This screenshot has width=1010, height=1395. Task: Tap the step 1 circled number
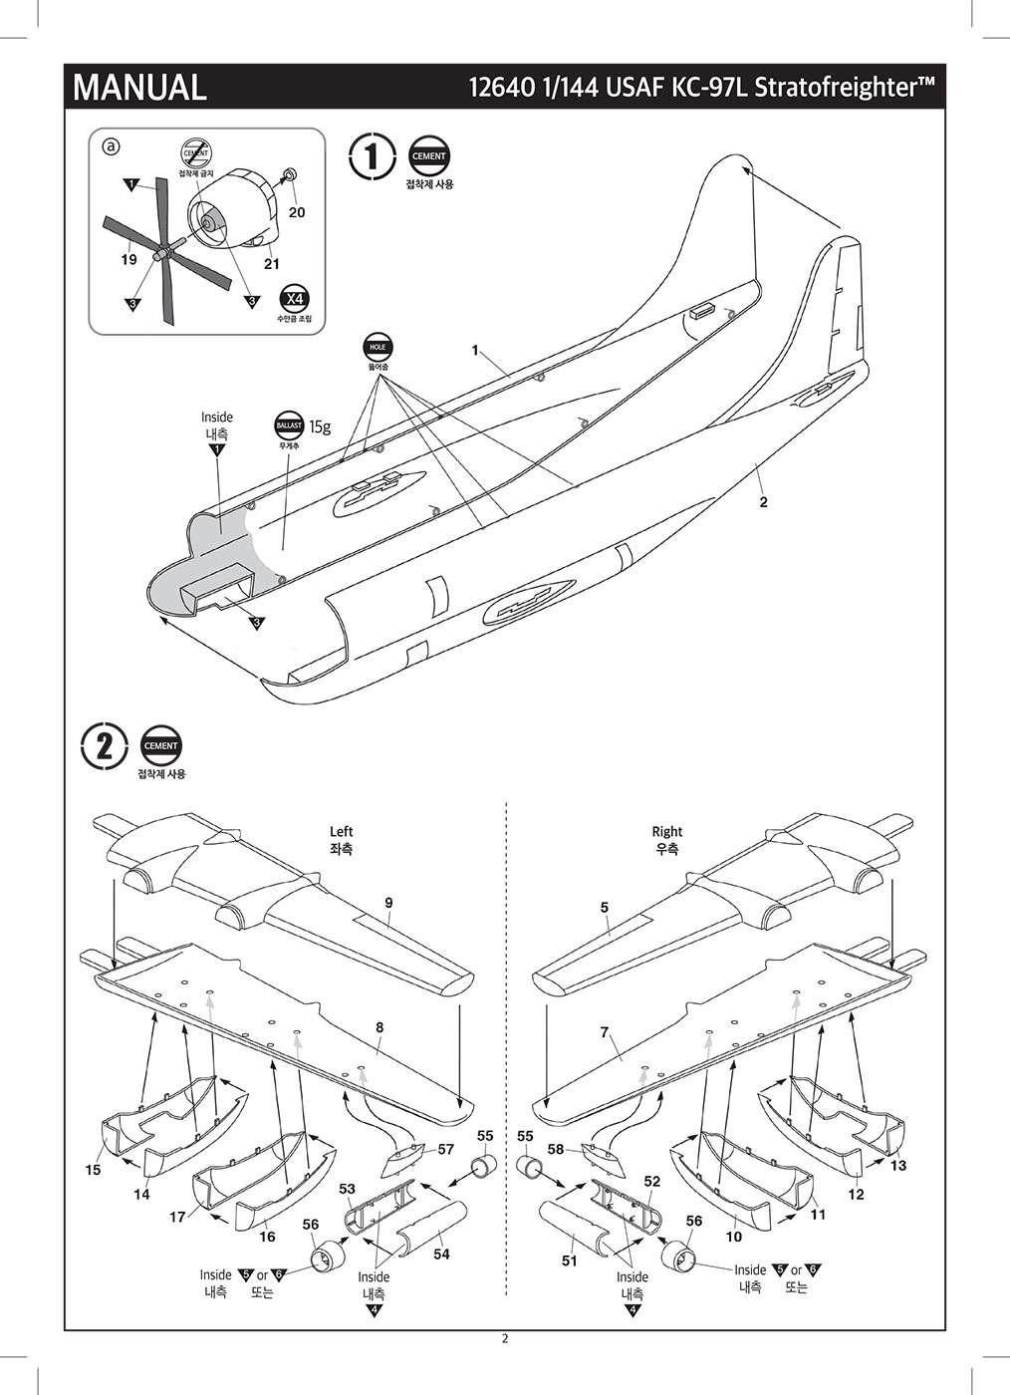click(x=370, y=156)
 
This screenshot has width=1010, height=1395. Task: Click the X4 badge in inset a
click(x=293, y=297)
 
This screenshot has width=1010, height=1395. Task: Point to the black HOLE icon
click(x=378, y=347)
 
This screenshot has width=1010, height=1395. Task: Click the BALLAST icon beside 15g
click(x=289, y=426)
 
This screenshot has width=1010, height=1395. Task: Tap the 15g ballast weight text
click(x=319, y=426)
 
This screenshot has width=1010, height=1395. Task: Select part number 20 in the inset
click(x=297, y=212)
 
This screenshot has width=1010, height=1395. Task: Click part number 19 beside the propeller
click(x=128, y=260)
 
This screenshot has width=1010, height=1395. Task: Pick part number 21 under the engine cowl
click(x=271, y=264)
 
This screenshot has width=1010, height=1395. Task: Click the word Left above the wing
click(x=342, y=831)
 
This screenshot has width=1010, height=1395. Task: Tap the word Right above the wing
click(x=667, y=831)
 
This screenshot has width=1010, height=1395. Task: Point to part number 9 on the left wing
click(x=388, y=902)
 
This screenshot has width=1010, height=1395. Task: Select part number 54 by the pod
click(x=441, y=1255)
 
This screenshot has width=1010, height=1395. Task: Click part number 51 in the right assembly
click(x=569, y=1260)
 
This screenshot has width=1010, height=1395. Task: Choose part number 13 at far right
click(x=898, y=1165)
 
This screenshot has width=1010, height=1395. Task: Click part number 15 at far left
click(x=93, y=1170)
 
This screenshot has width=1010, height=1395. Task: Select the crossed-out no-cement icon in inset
click(x=195, y=152)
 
